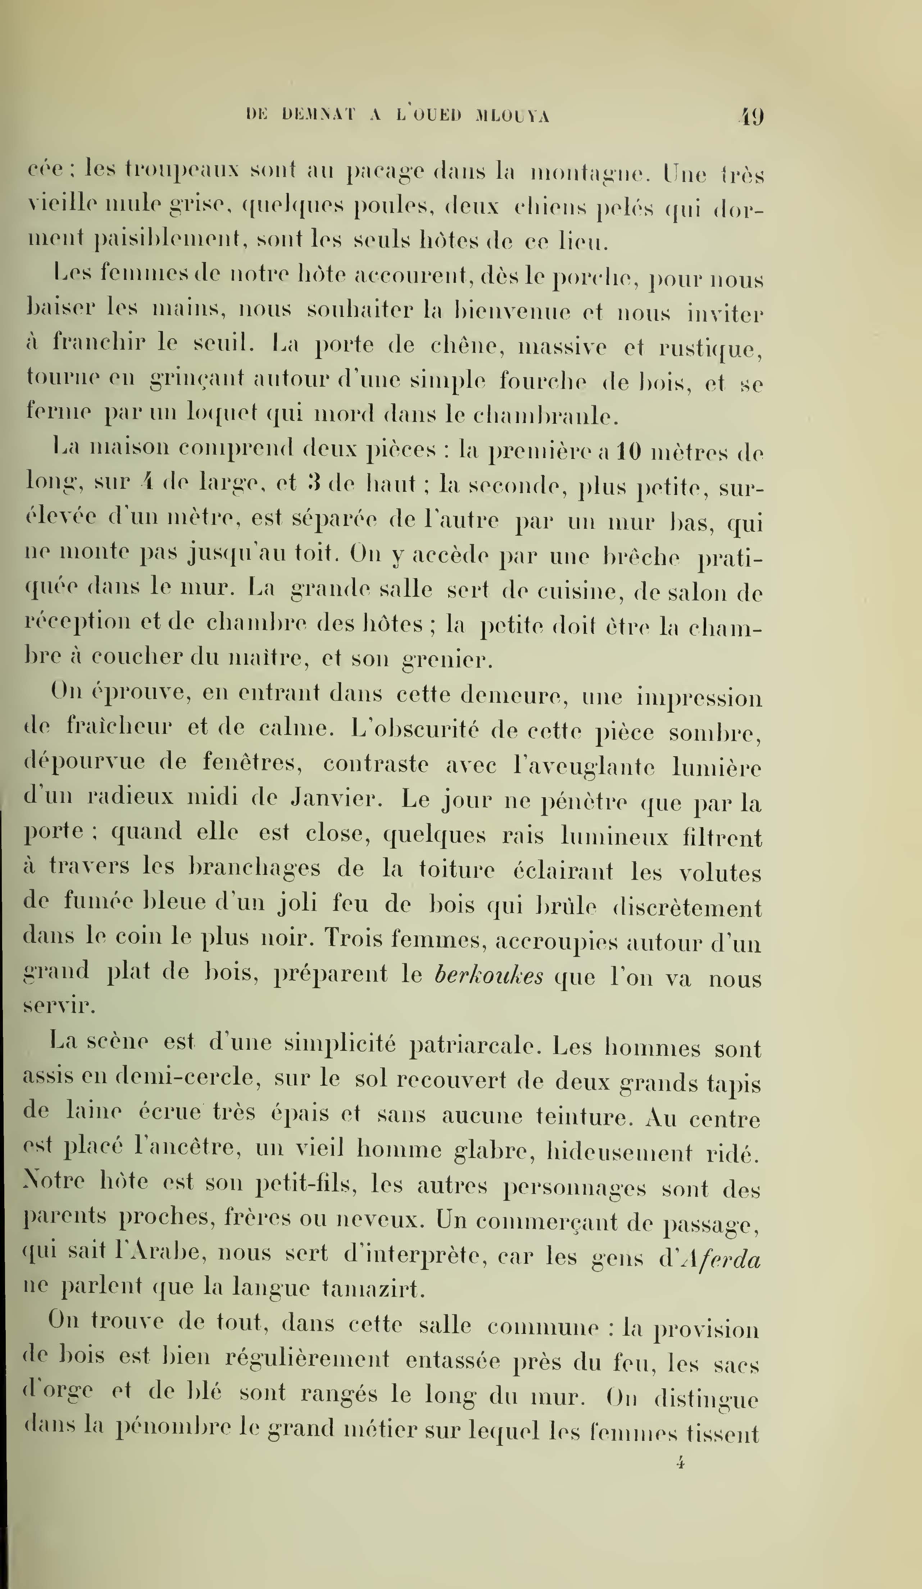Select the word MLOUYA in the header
(x=513, y=116)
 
